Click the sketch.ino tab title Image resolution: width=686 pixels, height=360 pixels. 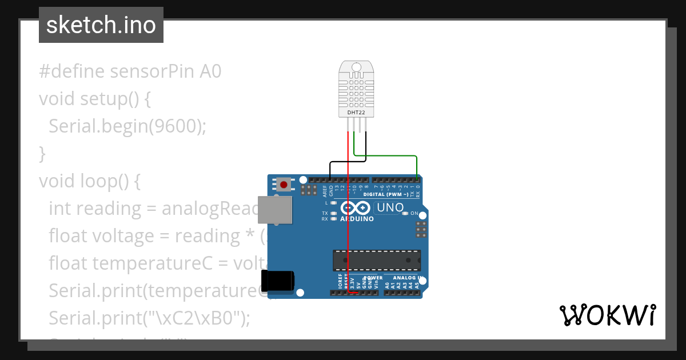click(101, 25)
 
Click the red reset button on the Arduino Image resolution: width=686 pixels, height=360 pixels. click(284, 185)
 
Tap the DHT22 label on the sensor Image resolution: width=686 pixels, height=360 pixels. click(356, 113)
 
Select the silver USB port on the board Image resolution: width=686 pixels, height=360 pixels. click(274, 209)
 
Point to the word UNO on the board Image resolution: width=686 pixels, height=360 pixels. click(390, 207)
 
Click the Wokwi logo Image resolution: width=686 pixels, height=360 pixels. click(607, 315)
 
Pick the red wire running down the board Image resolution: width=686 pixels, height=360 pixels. click(348, 229)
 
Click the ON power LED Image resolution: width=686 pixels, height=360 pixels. click(405, 213)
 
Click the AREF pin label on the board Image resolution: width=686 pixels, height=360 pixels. click(325, 190)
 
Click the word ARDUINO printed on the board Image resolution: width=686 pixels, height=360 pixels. click(357, 219)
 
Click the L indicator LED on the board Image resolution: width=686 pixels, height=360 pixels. click(333, 203)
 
